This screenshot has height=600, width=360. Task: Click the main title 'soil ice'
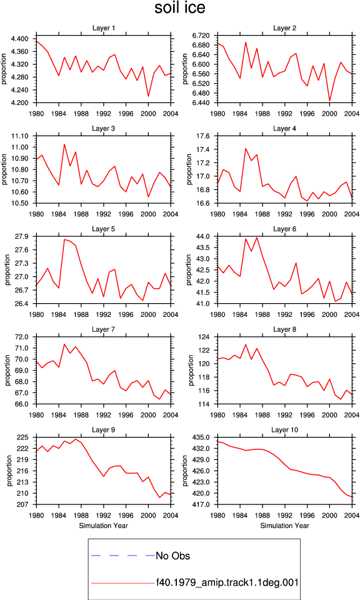[180, 7]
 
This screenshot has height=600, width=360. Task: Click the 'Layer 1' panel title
[103, 28]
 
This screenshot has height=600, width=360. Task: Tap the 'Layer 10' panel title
[284, 430]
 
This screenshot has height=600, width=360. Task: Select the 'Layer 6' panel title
[284, 229]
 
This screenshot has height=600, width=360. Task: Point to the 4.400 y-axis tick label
[19, 39]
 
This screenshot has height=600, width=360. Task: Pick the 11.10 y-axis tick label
[20, 136]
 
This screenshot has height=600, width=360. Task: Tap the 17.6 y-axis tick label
[203, 136]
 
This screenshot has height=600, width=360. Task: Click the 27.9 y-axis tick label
[22, 236]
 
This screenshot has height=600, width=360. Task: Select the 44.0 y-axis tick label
[203, 236]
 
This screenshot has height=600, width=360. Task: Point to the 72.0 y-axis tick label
[22, 337]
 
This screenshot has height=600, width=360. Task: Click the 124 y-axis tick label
[204, 337]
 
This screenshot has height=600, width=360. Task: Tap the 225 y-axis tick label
[23, 437]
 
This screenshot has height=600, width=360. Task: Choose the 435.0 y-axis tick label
[201, 437]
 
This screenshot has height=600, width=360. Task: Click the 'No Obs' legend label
[172, 556]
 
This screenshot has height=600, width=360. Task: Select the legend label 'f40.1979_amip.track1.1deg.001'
[227, 582]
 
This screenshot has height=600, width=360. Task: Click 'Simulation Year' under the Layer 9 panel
[103, 526]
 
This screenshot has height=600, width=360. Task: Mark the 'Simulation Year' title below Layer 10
[284, 526]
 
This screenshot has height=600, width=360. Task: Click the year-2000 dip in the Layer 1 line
[149, 96]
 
